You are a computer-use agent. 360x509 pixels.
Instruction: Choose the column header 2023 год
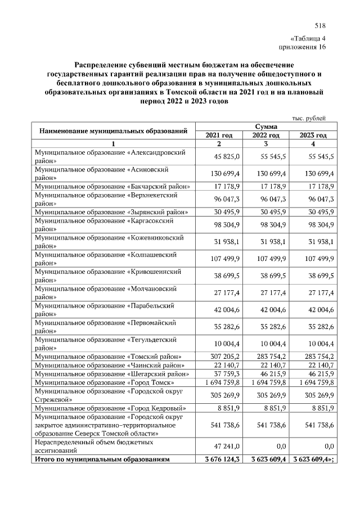313,136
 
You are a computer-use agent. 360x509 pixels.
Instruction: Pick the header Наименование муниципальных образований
113,132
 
